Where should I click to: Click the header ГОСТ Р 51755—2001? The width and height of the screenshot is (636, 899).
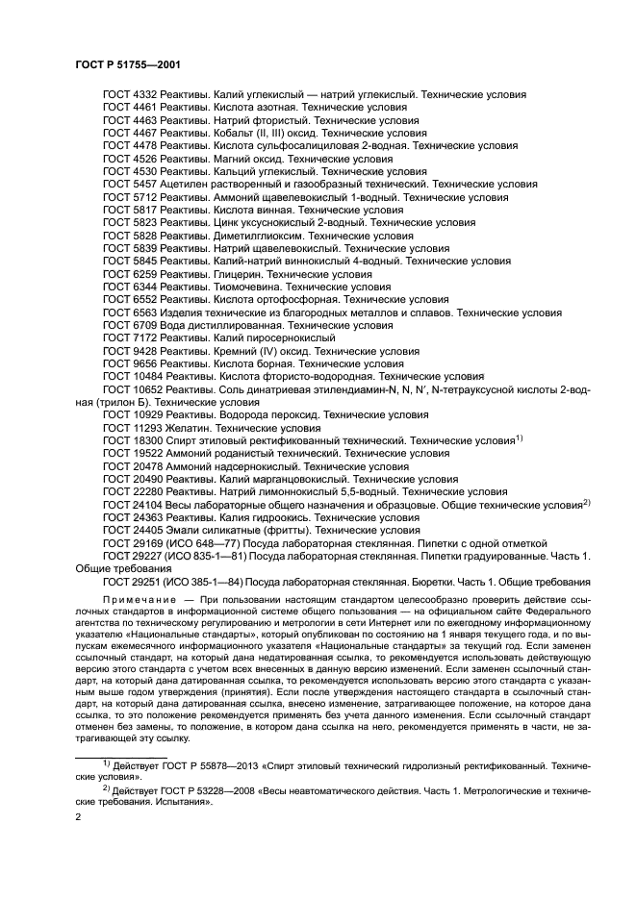(x=129, y=63)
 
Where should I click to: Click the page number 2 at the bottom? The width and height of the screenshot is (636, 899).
(x=79, y=815)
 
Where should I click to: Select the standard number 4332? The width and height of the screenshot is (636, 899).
(x=144, y=96)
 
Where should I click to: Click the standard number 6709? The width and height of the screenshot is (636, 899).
(x=144, y=325)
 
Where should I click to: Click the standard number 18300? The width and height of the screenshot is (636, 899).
(x=148, y=439)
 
